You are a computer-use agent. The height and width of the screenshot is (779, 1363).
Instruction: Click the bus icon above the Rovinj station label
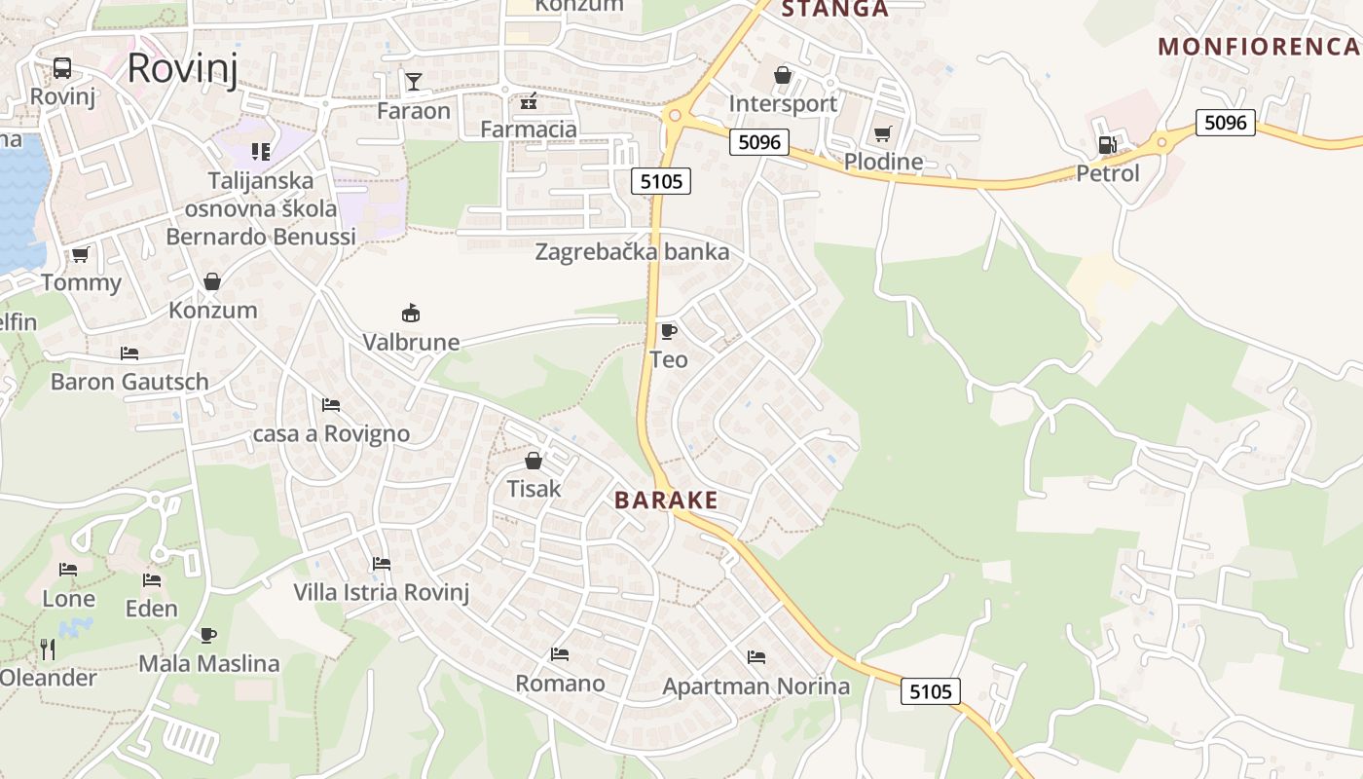coord(61,68)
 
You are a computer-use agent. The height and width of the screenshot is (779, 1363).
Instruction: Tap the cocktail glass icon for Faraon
coord(414,81)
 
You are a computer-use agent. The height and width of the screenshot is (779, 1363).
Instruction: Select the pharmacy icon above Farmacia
coord(529,100)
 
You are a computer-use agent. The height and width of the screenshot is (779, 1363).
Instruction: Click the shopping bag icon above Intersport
coord(782,75)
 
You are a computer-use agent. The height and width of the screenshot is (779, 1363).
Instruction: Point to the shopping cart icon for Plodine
coord(883,133)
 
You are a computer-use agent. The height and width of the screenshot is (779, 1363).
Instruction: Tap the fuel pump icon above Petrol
coord(1107,145)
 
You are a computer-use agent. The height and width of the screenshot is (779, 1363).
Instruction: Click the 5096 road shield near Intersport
coord(759,142)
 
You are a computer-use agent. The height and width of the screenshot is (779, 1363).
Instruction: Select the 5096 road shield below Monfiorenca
coord(1225,123)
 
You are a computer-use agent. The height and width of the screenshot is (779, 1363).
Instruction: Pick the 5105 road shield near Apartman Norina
coord(930,691)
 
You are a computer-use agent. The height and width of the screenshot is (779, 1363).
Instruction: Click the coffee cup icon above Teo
coord(668,331)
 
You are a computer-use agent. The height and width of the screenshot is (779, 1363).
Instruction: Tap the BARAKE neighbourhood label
coord(666,501)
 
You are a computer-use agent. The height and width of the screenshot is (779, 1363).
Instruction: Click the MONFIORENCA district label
coord(1259,46)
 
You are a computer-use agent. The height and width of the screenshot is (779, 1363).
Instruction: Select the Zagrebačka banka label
coord(632,252)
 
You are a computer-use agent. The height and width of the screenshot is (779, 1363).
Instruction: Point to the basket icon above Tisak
coord(534,460)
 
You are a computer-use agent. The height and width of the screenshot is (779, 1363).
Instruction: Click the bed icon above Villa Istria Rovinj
coord(381,564)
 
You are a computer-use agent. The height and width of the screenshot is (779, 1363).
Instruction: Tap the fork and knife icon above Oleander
coord(47,649)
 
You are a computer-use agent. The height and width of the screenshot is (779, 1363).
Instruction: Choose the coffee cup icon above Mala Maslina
coord(208,635)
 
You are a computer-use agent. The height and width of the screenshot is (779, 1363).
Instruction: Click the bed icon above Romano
coord(559,654)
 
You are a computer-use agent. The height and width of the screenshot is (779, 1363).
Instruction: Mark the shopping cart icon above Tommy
coord(80,255)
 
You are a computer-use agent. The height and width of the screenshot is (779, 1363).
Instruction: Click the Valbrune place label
coord(411,342)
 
